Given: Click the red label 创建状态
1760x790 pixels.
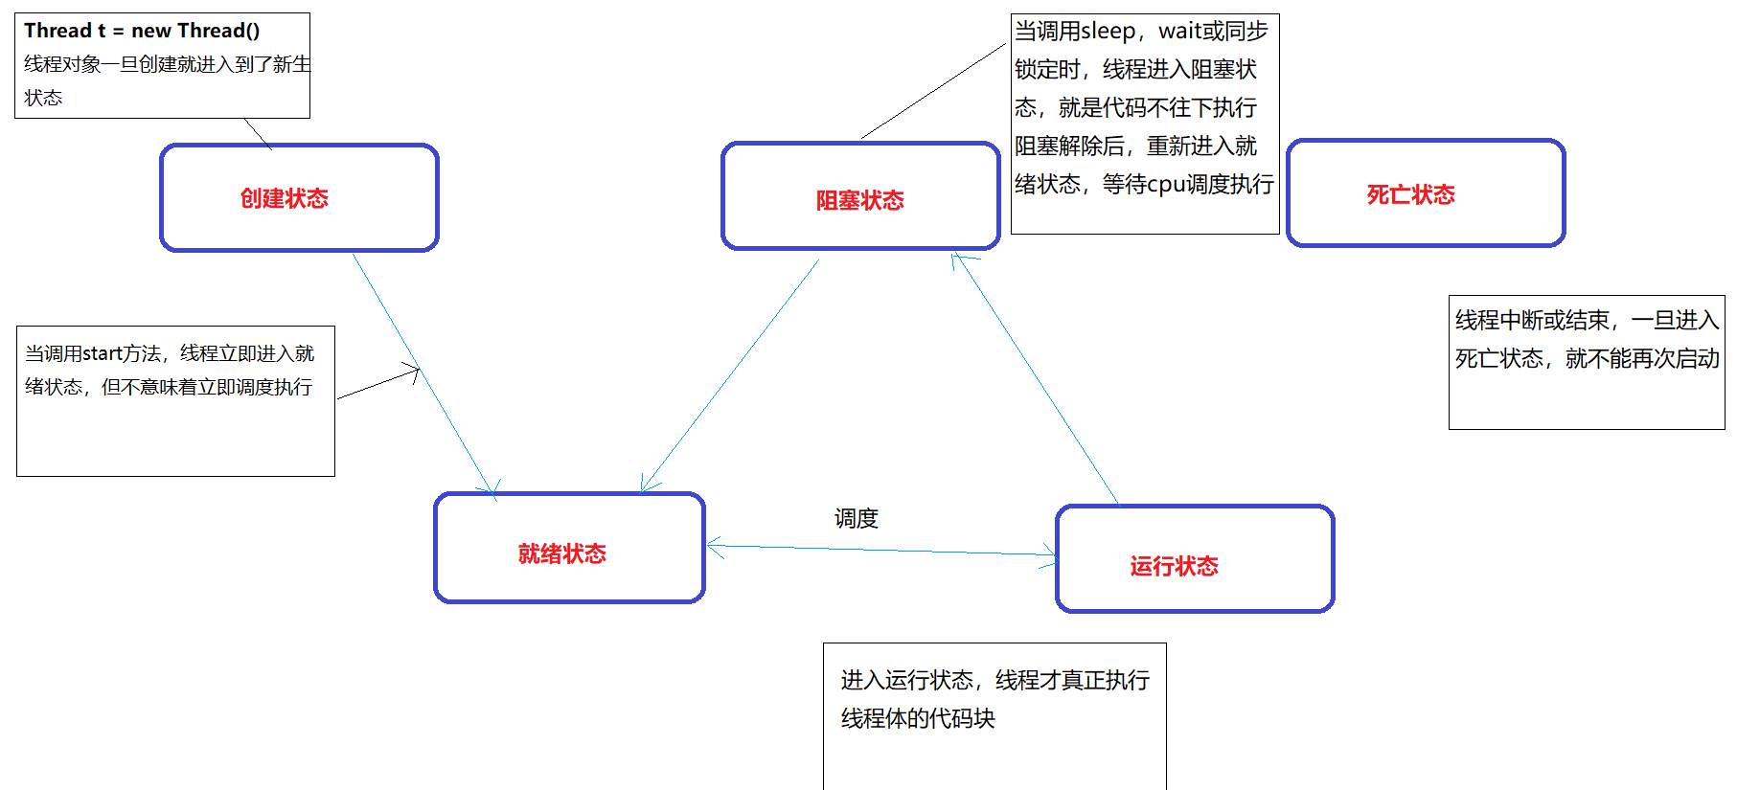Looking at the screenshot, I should click(x=284, y=198).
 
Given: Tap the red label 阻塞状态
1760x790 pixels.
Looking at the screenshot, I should click(x=859, y=200).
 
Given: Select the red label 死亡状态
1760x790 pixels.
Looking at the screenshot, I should click(x=1410, y=195).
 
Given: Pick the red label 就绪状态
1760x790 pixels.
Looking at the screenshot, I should click(x=561, y=553).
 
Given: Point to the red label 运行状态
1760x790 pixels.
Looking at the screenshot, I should click(x=1174, y=566).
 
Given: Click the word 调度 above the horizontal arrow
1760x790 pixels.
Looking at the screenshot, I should click(x=856, y=518).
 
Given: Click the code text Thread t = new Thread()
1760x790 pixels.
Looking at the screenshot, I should click(x=142, y=31).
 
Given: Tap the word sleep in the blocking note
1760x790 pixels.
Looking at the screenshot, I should click(x=1108, y=32).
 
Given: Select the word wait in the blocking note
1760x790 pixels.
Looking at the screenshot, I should click(x=1179, y=32).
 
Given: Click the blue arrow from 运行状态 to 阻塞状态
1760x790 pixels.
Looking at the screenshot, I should click(x=1035, y=377).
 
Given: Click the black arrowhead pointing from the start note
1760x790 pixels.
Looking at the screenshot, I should click(x=414, y=372).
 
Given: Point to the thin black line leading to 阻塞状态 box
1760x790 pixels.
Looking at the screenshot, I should click(x=934, y=90).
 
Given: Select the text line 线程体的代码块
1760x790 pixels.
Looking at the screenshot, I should click(x=918, y=718).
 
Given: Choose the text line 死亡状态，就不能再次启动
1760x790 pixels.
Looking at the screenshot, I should click(x=1587, y=358).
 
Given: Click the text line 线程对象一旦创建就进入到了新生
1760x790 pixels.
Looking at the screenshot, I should click(x=168, y=64).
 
